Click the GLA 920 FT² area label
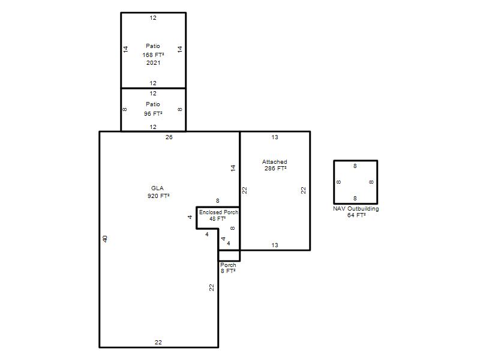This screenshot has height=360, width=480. coord(158,192)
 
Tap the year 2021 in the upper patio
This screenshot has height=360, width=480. coord(153,63)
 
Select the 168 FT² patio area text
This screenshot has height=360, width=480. coord(153,55)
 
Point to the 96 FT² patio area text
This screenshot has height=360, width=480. coord(153,113)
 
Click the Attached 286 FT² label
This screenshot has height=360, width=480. coord(275,165)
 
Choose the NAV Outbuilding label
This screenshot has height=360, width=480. coord(356,208)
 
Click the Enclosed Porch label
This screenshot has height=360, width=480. coord(218,212)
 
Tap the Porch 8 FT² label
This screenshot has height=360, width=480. coord(228,268)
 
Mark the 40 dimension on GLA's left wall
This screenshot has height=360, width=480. coord(105,239)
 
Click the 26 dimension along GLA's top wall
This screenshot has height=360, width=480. coord(169,137)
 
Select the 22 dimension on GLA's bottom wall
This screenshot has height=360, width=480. coord(158,342)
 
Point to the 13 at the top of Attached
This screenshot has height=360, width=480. coord(275,137)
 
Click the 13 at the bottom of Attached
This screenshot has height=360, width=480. coord(275,245)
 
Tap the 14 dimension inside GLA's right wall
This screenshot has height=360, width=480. coord(233,168)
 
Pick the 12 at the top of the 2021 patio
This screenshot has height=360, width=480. coord(153,18)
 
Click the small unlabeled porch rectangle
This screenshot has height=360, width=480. coord(229,256)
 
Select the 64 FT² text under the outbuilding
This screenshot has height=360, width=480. coord(356,215)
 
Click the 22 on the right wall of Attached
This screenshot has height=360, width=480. coord(304,190)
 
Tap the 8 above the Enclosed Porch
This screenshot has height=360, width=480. coord(218,201)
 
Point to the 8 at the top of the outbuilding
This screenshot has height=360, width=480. coord(355,166)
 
